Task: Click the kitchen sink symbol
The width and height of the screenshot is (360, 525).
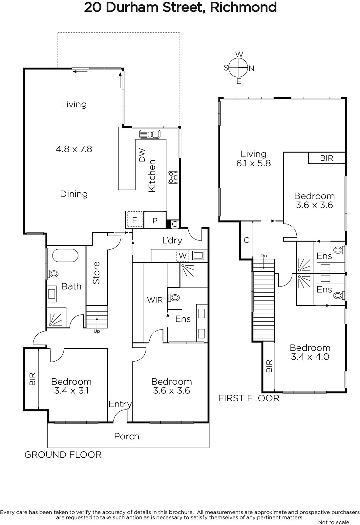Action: click(x=150, y=134)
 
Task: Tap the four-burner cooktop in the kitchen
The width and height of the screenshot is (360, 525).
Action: click(x=173, y=178)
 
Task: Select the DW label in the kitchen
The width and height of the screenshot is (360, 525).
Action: click(x=142, y=155)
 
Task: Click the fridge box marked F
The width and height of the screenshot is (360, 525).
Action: click(x=135, y=220)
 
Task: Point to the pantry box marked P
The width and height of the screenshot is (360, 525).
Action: click(x=155, y=220)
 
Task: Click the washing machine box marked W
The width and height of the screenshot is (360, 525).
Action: click(x=183, y=255)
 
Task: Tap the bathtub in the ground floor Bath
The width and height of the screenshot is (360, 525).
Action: click(x=65, y=256)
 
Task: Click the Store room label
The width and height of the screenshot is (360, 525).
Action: click(x=96, y=273)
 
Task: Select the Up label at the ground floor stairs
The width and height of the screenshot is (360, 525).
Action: click(x=97, y=331)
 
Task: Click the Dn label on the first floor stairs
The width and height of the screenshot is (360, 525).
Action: click(x=264, y=256)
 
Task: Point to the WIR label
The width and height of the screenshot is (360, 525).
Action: click(x=155, y=300)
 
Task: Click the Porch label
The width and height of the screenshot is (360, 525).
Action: click(x=127, y=436)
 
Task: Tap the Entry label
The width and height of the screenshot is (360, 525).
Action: click(x=120, y=404)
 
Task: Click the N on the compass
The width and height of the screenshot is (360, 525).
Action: click(x=251, y=68)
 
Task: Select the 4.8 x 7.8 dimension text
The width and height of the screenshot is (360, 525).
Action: click(x=74, y=149)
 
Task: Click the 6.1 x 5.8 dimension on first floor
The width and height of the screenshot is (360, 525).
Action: click(x=254, y=163)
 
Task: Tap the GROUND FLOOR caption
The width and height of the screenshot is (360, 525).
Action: click(x=63, y=455)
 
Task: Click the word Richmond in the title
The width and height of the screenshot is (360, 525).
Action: click(x=243, y=7)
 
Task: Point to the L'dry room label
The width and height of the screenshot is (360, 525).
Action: click(x=172, y=240)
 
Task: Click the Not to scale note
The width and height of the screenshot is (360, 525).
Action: click(x=334, y=522)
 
